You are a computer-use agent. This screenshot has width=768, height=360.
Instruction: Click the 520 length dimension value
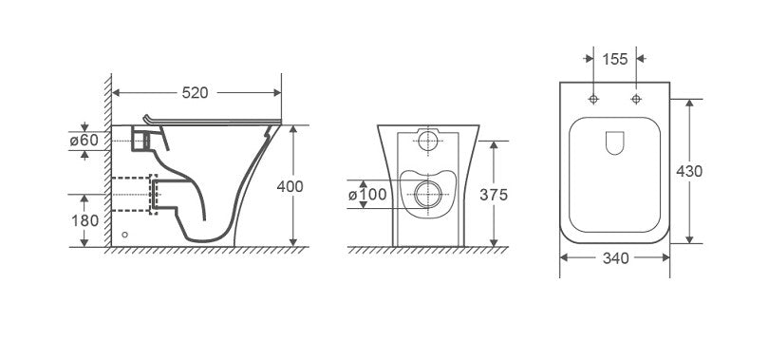pyautogui.click(x=196, y=93)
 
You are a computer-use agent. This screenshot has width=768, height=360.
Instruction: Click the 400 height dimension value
pyautogui.click(x=291, y=186)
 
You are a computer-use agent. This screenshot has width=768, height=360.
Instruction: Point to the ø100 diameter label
pyautogui.click(x=365, y=195)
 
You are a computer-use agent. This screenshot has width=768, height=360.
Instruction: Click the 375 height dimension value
pyautogui.click(x=495, y=195)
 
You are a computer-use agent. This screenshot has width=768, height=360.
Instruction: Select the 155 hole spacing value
pyautogui.click(x=615, y=59)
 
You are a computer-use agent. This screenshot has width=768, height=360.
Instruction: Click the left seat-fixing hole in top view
pyautogui.click(x=593, y=100)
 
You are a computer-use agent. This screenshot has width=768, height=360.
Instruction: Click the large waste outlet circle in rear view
pyautogui.click(x=427, y=196)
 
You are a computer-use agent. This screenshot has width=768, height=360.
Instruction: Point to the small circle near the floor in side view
pyautogui.click(x=125, y=234)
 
